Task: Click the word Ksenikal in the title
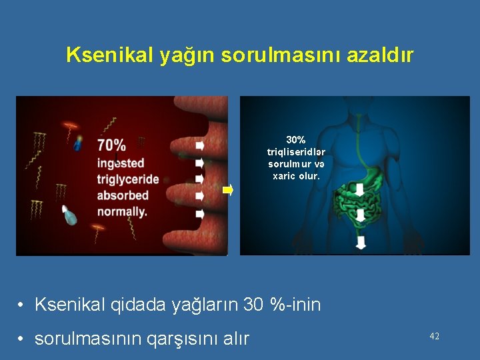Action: point(110,55)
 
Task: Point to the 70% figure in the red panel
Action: point(111,145)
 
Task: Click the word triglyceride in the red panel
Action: point(128,179)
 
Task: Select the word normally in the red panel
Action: point(122,211)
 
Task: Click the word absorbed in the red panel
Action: point(123,195)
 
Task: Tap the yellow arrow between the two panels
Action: point(227,190)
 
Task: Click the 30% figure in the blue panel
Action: point(296,140)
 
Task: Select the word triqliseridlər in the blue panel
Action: point(296,152)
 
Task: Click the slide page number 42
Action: point(434,337)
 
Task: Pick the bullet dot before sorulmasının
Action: point(22,339)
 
